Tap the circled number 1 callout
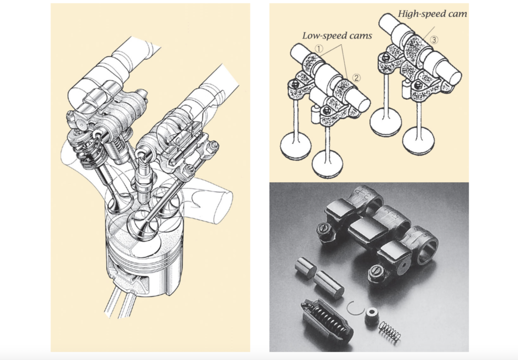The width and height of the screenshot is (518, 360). click(x=319, y=49)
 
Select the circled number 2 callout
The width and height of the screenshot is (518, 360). click(x=357, y=77)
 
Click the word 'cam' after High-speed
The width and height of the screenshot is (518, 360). click(x=455, y=14)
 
